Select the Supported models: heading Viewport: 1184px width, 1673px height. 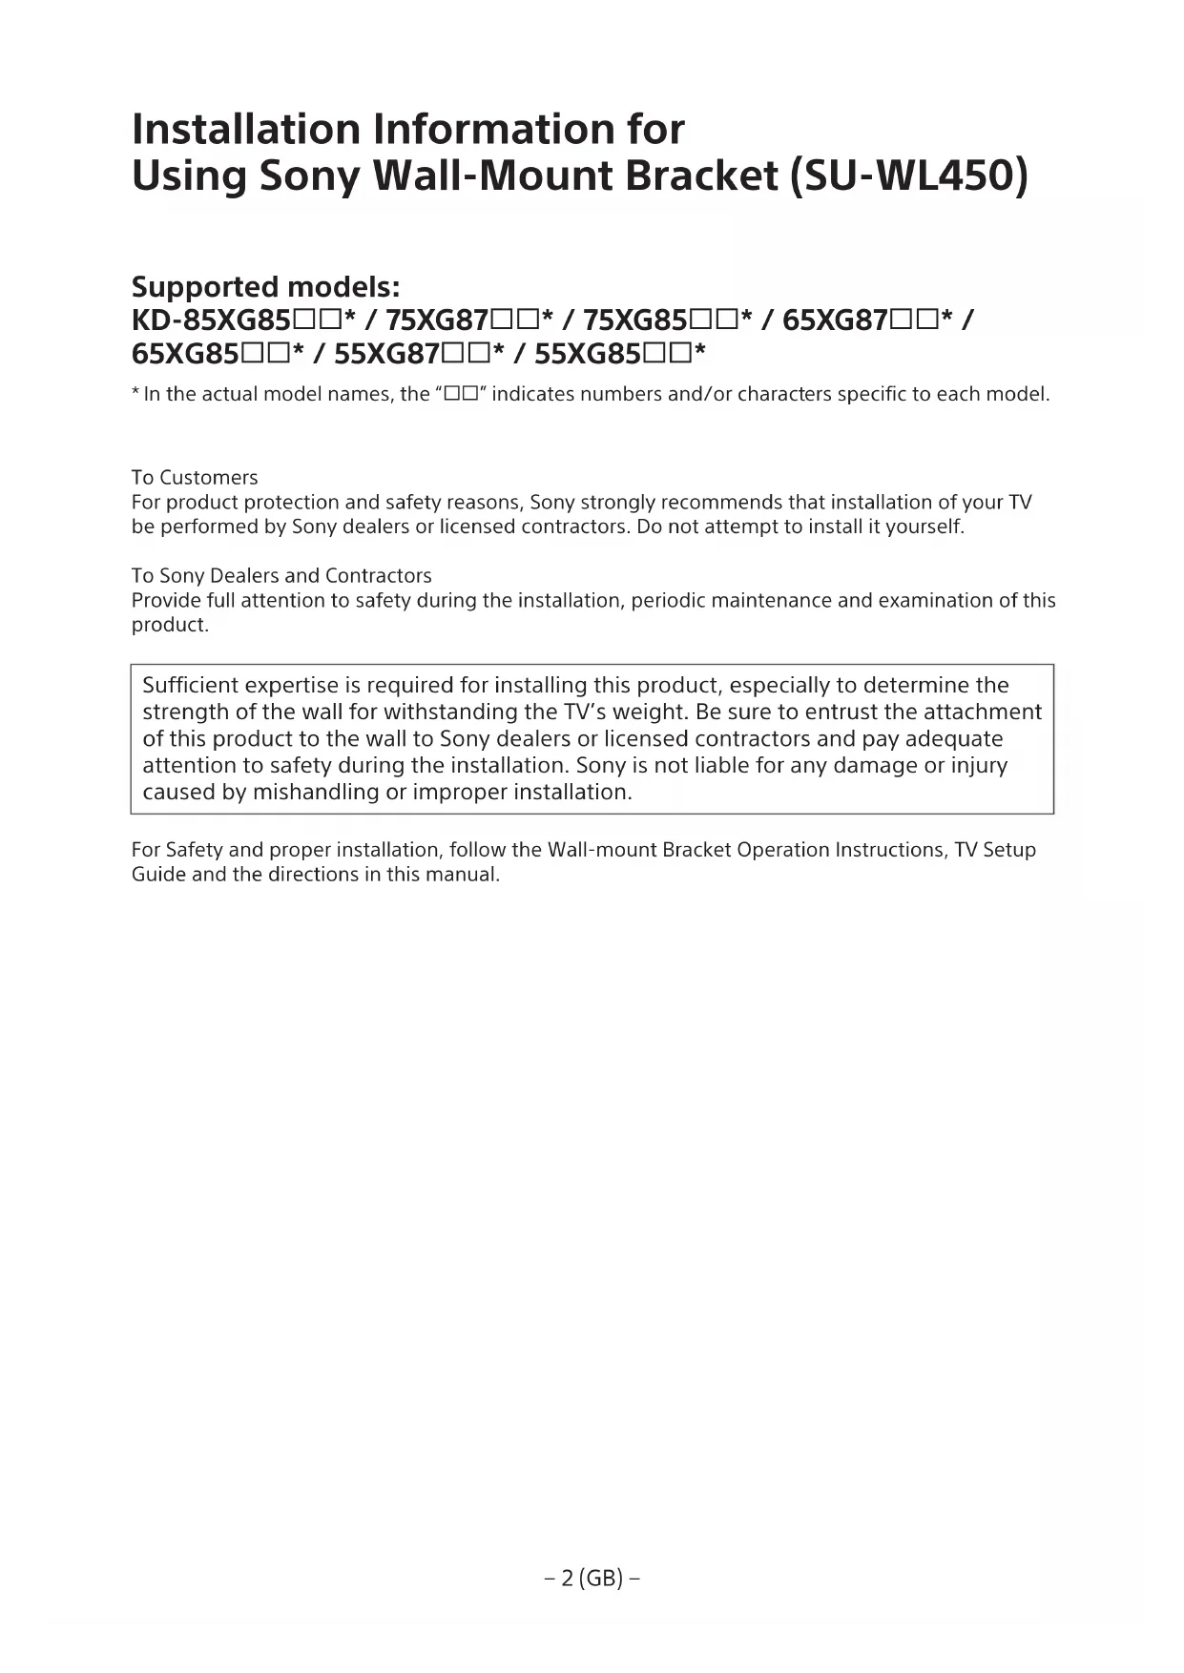coord(265,286)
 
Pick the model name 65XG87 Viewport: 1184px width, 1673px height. coord(835,320)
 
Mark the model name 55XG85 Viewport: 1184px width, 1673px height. coord(588,355)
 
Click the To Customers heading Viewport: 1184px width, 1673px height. coord(195,477)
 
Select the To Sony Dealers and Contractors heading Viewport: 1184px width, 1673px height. coord(281,575)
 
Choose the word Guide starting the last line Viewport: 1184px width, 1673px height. coord(158,874)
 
